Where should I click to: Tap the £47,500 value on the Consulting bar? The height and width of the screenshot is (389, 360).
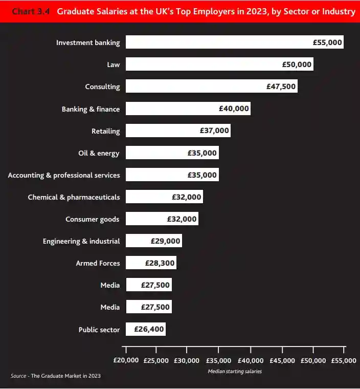coord(281,87)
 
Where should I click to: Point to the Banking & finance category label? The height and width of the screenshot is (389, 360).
coord(91,109)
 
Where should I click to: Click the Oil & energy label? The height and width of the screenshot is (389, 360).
coord(99,153)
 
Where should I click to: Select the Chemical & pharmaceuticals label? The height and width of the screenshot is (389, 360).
coord(74,197)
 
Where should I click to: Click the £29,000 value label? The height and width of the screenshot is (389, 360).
coord(165,241)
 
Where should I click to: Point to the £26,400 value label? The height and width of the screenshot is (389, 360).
coord(149,329)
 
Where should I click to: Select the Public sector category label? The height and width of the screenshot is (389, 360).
coord(99,330)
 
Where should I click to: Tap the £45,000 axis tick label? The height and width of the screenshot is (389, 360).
coord(282,360)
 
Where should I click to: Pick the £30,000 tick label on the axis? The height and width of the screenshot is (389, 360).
coord(187,360)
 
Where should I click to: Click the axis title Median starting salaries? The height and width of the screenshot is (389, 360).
coord(235,372)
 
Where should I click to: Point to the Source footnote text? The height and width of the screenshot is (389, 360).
coord(56,376)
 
